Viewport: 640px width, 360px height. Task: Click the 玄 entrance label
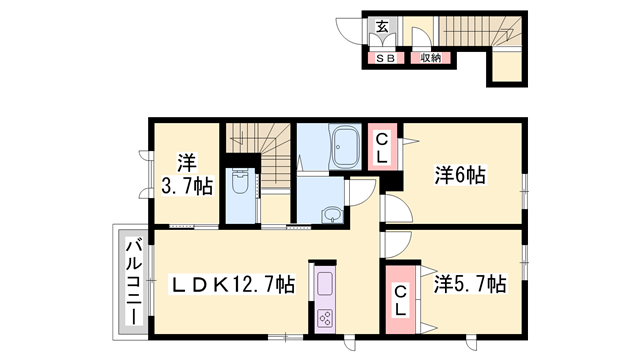383,26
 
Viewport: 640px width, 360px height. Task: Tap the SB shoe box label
385,58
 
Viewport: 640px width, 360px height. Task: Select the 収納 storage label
431,58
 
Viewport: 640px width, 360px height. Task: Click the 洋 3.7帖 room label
187,173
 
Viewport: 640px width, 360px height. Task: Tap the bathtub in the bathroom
345,150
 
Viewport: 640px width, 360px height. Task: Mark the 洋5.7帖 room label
468,285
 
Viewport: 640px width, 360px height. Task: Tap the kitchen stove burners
327,319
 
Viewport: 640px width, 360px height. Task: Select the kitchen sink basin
327,284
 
